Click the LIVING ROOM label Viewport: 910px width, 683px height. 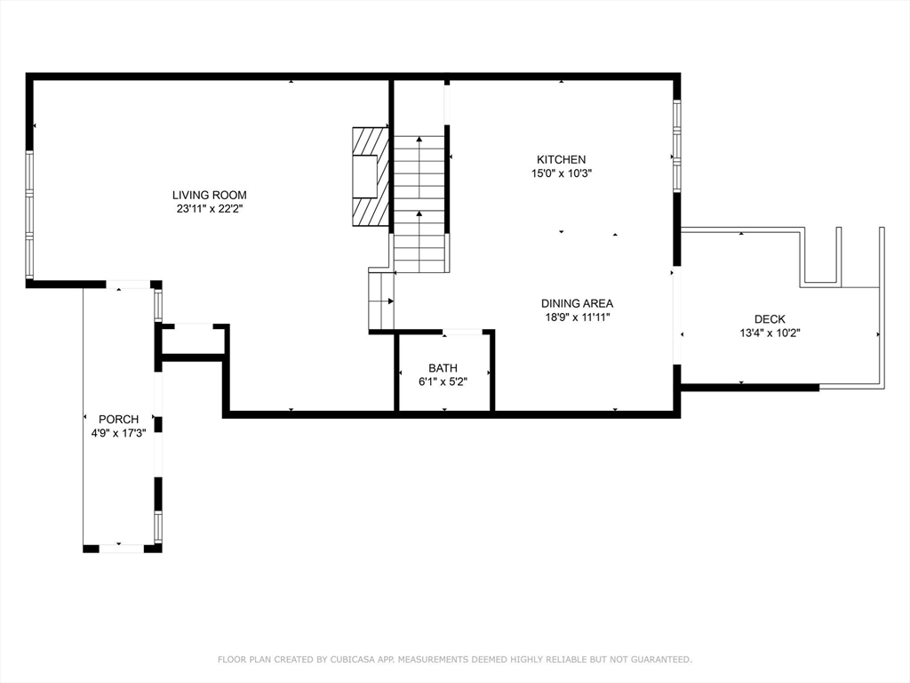209,195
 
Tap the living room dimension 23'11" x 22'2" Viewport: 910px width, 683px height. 209,209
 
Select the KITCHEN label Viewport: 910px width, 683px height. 562,159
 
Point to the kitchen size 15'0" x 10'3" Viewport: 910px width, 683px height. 562,173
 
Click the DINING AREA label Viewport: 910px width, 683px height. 577,303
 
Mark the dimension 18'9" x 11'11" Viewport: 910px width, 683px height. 577,317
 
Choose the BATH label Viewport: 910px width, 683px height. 443,367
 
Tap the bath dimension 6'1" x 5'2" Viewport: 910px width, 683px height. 443,382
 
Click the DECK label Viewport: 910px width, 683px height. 770,319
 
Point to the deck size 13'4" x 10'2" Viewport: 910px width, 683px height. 770,333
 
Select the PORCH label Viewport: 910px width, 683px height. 118,419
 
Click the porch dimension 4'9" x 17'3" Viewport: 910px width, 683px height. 118,433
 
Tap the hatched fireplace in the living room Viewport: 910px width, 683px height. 371,176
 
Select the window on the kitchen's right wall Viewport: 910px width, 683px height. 676,146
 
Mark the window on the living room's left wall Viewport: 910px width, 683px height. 29,215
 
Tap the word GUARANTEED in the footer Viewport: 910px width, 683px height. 661,659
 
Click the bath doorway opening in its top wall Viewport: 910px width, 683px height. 462,333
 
